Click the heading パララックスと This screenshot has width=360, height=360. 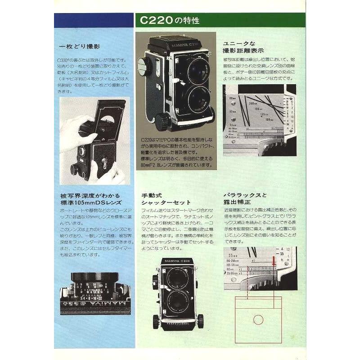(x=245, y=195)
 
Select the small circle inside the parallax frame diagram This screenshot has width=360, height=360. (x=258, y=319)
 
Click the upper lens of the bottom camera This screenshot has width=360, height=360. (x=177, y=279)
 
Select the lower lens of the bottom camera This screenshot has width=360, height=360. (x=177, y=300)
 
